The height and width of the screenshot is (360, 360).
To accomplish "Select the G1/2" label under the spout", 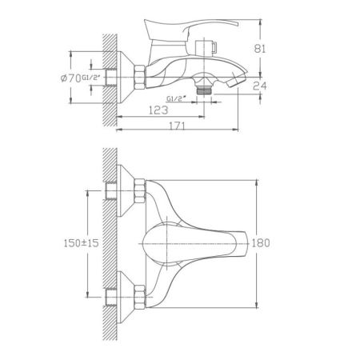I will (175, 97).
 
